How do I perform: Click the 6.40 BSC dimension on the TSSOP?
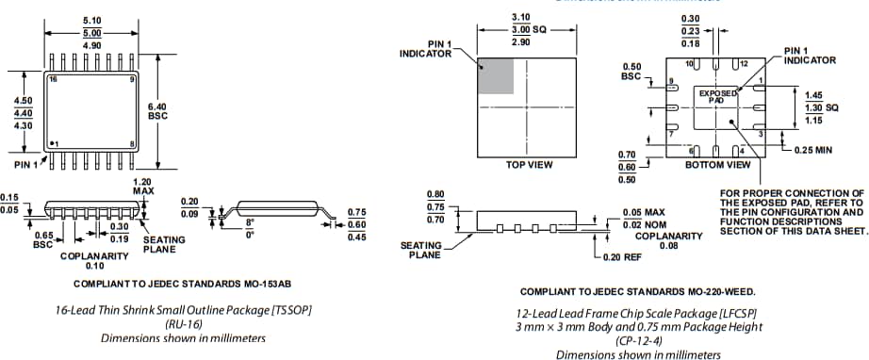pos(157,111)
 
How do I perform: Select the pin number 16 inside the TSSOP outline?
pos(54,81)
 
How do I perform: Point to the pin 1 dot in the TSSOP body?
pos(53,142)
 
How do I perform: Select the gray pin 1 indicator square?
pos(497,74)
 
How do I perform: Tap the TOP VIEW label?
pos(529,164)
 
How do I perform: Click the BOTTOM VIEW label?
pos(717,164)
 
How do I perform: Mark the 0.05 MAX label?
pos(644,212)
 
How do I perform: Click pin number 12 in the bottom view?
pos(744,62)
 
